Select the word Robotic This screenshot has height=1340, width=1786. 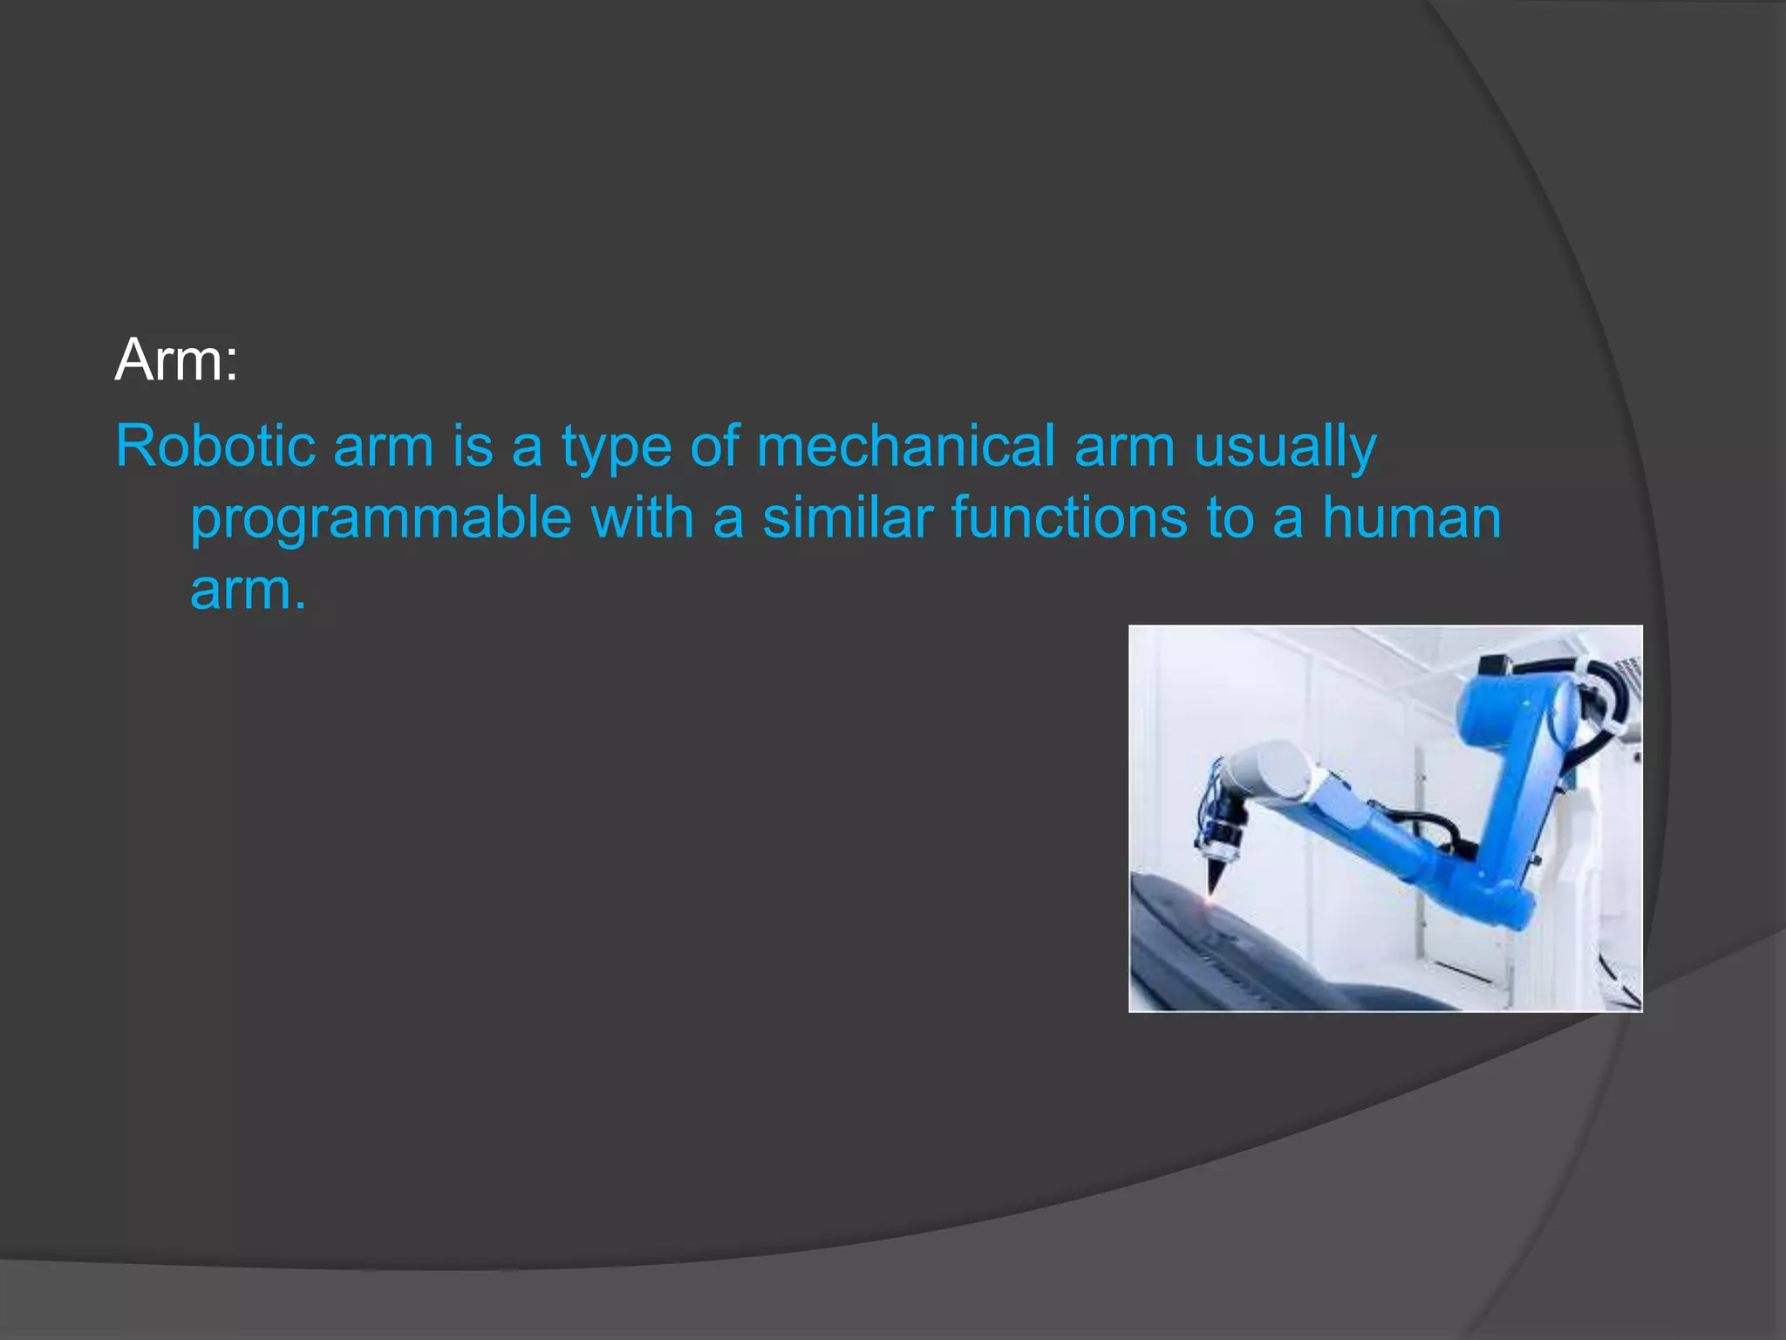click(x=215, y=446)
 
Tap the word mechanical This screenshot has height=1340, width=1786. click(x=905, y=446)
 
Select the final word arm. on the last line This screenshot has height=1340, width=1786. click(x=248, y=590)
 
